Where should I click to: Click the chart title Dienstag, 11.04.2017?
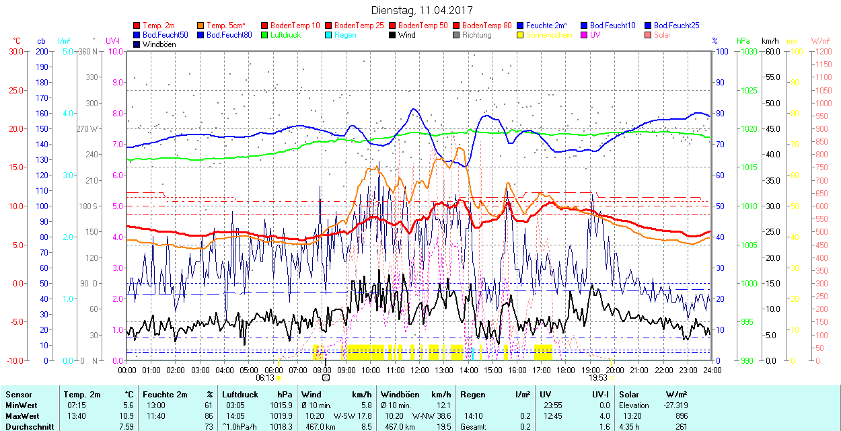coord(422,11)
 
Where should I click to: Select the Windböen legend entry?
coord(159,44)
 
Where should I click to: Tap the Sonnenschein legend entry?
coord(549,35)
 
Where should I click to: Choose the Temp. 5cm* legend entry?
coord(225,26)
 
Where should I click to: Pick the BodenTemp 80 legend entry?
coord(490,26)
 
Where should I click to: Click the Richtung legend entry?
coord(476,35)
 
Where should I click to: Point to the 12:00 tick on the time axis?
coord(420,370)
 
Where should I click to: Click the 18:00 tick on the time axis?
coord(566,370)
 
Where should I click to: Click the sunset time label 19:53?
coord(598,378)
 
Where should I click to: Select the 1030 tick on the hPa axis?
coord(745,51)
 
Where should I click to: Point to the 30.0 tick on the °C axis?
coord(15,51)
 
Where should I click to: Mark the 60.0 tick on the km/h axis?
coord(771,51)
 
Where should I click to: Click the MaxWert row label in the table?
coord(22,416)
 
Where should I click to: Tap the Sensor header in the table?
coord(18,394)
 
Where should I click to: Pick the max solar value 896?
coord(681,416)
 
